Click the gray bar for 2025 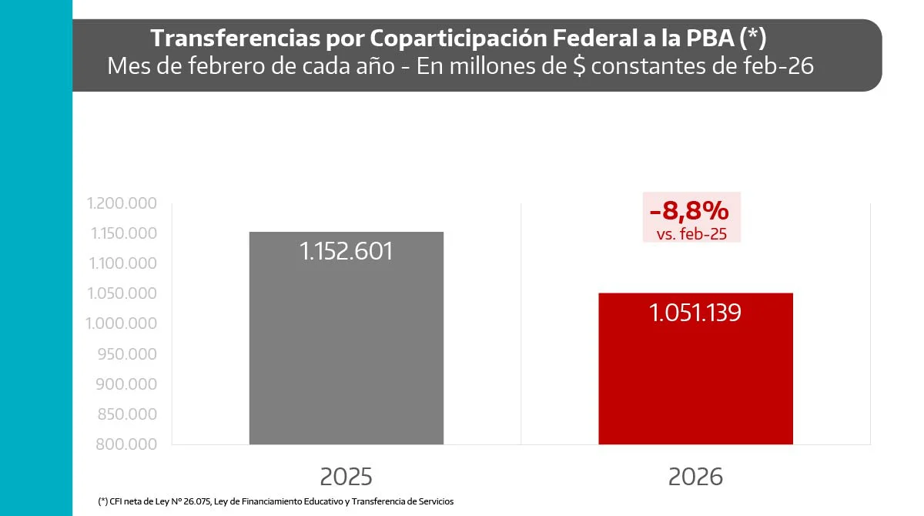pyautogui.click(x=346, y=354)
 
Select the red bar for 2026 pyautogui.click(x=695, y=385)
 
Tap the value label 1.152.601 pyautogui.click(x=346, y=251)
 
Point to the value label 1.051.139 pyautogui.click(x=695, y=312)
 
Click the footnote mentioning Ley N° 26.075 pyautogui.click(x=276, y=501)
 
